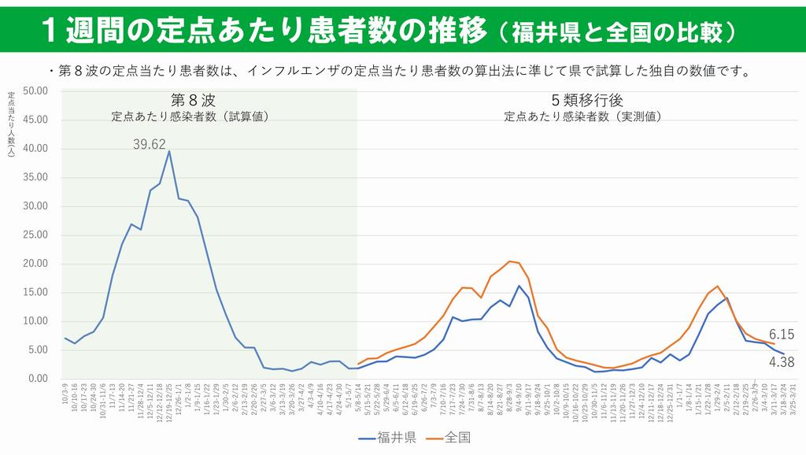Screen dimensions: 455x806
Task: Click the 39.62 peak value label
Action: pyautogui.click(x=149, y=144)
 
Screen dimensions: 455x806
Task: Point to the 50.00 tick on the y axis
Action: pyautogui.click(x=36, y=91)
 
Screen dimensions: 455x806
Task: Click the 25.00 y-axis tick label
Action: pyautogui.click(x=36, y=235)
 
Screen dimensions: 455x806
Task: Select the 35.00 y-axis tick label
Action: pyautogui.click(x=36, y=178)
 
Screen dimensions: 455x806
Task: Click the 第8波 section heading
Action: pyautogui.click(x=191, y=101)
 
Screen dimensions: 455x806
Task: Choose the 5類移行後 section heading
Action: pyautogui.click(x=582, y=101)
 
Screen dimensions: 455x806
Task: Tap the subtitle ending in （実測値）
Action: pyautogui.click(x=582, y=117)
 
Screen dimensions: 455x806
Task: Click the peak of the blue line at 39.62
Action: pyautogui.click(x=169, y=151)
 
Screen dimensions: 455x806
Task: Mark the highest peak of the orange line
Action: pyautogui.click(x=510, y=261)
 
